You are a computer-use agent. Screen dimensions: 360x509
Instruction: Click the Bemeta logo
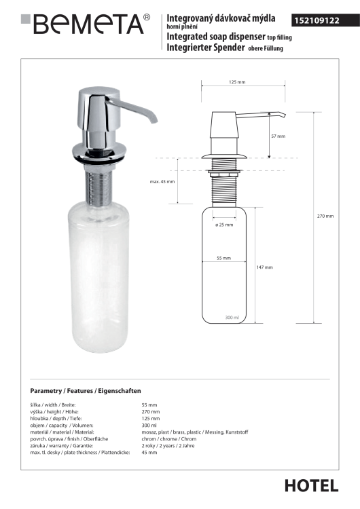click(x=86, y=24)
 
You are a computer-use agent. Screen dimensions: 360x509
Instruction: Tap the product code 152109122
click(x=317, y=21)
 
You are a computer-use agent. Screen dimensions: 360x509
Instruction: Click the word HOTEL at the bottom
click(x=311, y=486)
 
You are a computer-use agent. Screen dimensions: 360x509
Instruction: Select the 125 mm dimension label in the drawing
click(x=237, y=82)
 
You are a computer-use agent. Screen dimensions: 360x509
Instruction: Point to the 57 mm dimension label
click(x=278, y=136)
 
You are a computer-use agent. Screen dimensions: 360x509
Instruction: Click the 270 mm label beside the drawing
click(x=325, y=216)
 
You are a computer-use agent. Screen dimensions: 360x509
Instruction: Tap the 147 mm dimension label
click(x=264, y=267)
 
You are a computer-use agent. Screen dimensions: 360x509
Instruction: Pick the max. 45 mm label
click(x=162, y=182)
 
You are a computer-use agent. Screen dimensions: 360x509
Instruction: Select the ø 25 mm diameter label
click(x=224, y=225)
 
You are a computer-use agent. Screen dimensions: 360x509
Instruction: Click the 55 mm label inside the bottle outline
click(x=224, y=259)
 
